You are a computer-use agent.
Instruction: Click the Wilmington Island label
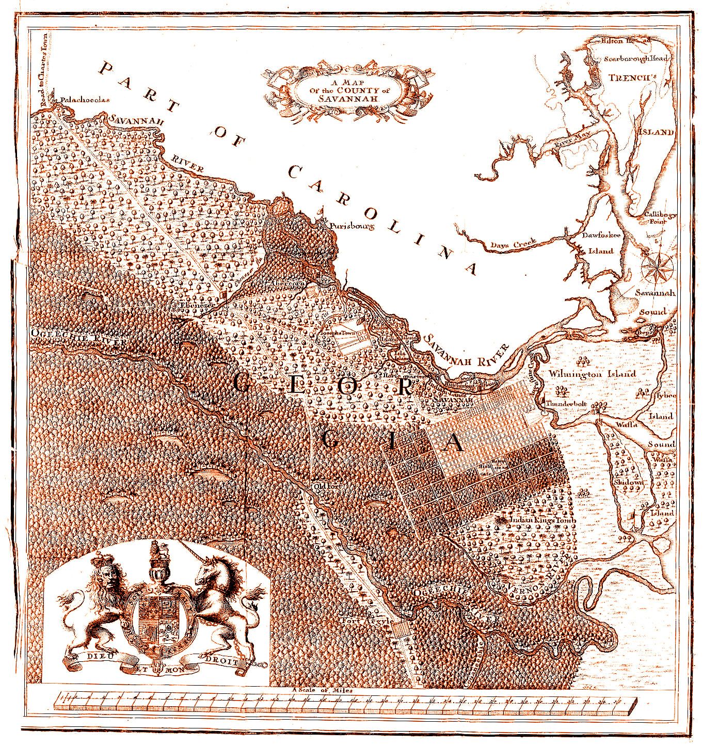tap(592, 373)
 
